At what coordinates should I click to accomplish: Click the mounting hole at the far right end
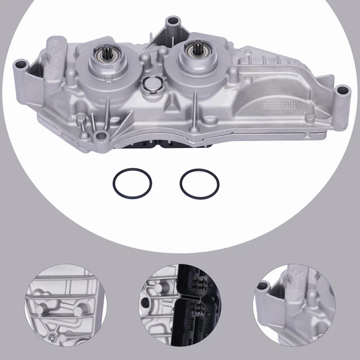[342, 90]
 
